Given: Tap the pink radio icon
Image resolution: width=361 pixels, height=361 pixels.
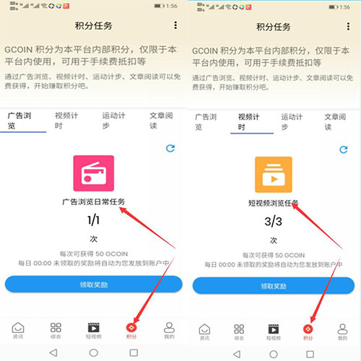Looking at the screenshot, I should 94,174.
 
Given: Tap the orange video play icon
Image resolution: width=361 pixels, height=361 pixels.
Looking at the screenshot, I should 273,174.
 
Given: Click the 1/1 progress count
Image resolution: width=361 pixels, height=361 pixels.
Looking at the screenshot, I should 94,220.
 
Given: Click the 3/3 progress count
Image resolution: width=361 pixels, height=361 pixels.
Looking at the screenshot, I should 273,220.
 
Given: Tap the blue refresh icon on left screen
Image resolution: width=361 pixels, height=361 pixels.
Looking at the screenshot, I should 170,148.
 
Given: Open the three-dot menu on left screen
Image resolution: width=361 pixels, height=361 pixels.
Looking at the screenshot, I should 175,25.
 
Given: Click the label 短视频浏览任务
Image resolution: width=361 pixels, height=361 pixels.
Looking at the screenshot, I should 273,203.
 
